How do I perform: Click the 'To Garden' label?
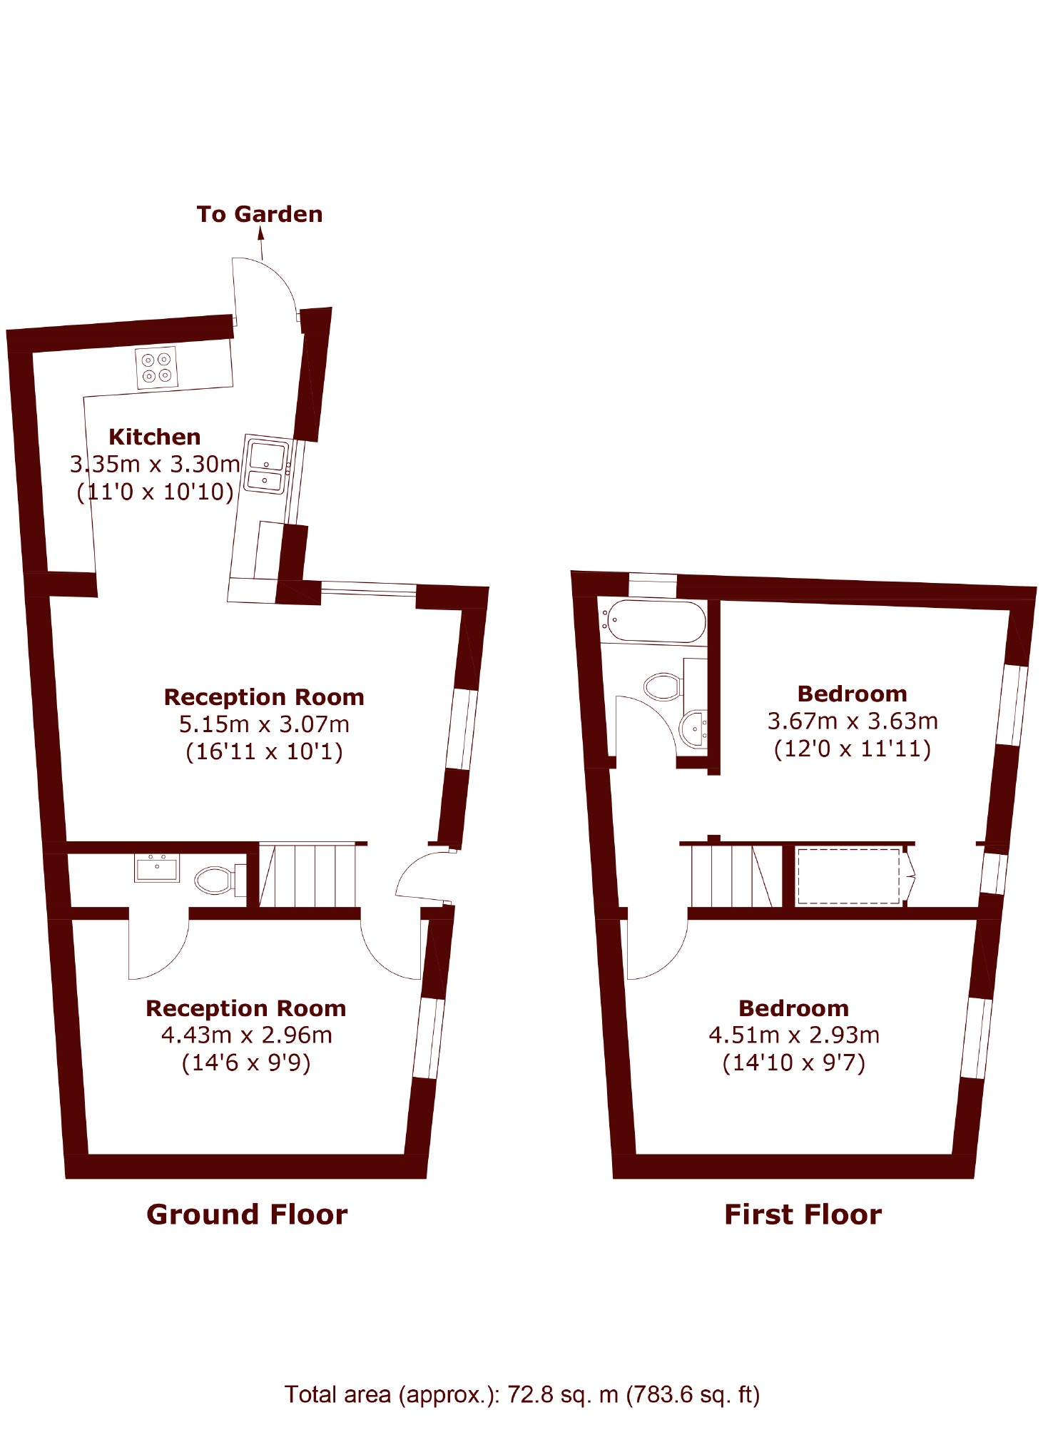pos(260,214)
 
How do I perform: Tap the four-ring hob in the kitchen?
pos(157,367)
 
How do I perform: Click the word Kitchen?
pos(155,437)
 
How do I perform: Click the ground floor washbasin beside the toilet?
pos(157,868)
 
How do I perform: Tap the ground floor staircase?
pos(307,876)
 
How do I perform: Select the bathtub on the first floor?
pos(653,622)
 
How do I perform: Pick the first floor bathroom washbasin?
pos(693,729)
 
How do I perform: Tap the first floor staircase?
pos(731,876)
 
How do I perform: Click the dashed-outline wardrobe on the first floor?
pos(849,876)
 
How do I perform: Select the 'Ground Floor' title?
pos(247,1215)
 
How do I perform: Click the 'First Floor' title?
pos(803,1215)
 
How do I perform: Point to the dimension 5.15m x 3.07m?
pos(264,724)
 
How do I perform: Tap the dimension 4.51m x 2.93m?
pos(794,1035)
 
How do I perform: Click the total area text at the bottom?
pos(522,1394)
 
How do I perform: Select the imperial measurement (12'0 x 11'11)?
pos(853,749)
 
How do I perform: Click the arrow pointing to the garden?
pos(261,243)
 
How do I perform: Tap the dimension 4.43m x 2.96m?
pos(247,1035)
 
